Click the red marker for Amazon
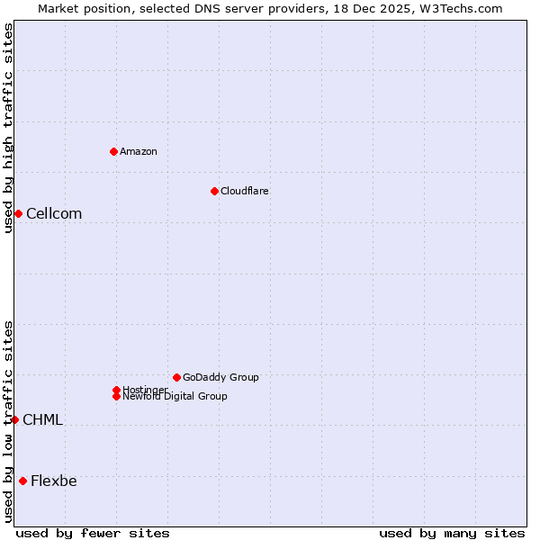point(113,151)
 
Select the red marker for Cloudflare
point(214,191)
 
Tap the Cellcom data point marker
point(18,213)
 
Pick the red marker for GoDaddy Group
point(176,377)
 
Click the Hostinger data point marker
point(116,390)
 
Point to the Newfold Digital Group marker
point(116,396)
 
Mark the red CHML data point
point(14,419)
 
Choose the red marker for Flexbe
point(22,481)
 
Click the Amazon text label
point(139,151)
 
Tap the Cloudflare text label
point(245,191)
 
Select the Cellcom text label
point(54,213)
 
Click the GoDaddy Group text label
point(220,377)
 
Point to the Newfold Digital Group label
point(175,397)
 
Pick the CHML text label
point(42,419)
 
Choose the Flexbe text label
point(54,481)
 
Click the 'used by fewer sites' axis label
point(93,533)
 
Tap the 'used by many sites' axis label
point(452,533)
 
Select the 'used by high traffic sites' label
point(8,128)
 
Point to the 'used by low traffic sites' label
point(8,421)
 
